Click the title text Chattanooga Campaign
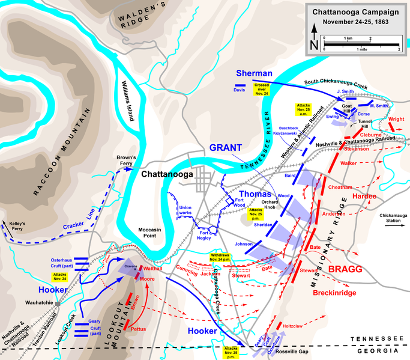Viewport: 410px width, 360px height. [x=354, y=12]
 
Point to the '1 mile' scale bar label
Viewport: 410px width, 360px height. [x=361, y=50]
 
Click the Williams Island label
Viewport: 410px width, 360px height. [x=130, y=102]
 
